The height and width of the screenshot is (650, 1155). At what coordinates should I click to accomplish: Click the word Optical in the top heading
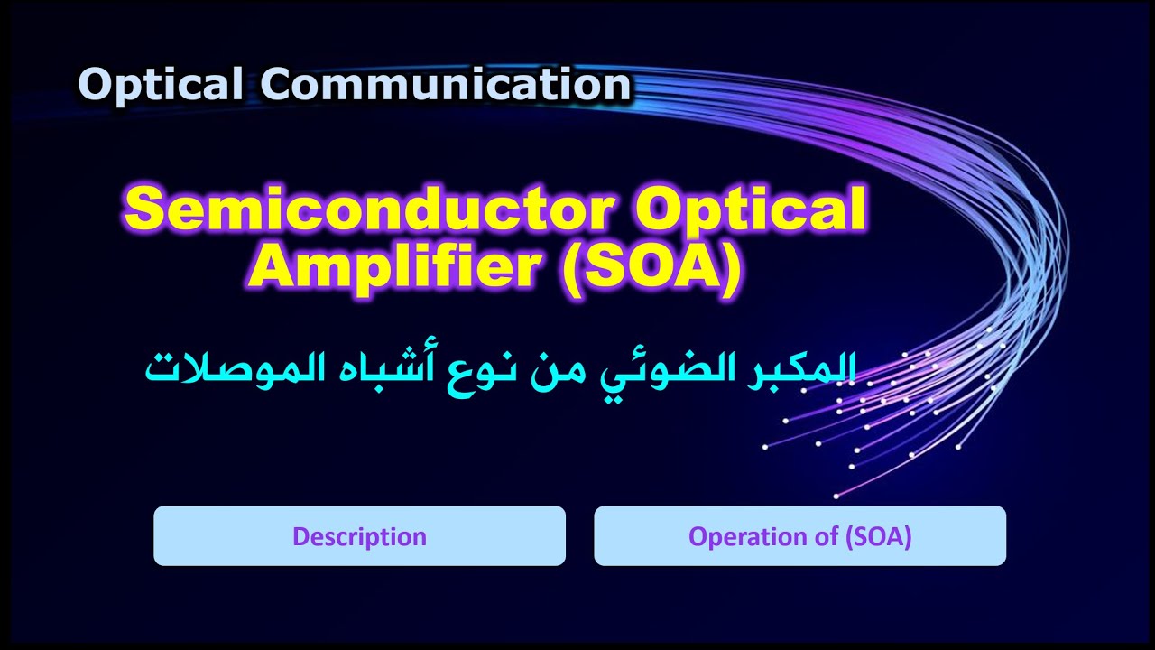pyautogui.click(x=161, y=86)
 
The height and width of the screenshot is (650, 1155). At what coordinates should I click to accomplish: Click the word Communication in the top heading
pyautogui.click(x=446, y=86)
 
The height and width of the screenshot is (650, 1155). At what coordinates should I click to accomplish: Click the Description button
pyautogui.click(x=359, y=536)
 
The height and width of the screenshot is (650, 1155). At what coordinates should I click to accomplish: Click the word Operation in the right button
pyautogui.click(x=738, y=536)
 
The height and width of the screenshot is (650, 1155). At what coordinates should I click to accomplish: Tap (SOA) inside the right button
pyautogui.click(x=878, y=536)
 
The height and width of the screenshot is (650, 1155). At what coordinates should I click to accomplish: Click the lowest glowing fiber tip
pyautogui.click(x=836, y=496)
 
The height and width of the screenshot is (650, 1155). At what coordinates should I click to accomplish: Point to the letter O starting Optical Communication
pyautogui.click(x=93, y=86)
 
